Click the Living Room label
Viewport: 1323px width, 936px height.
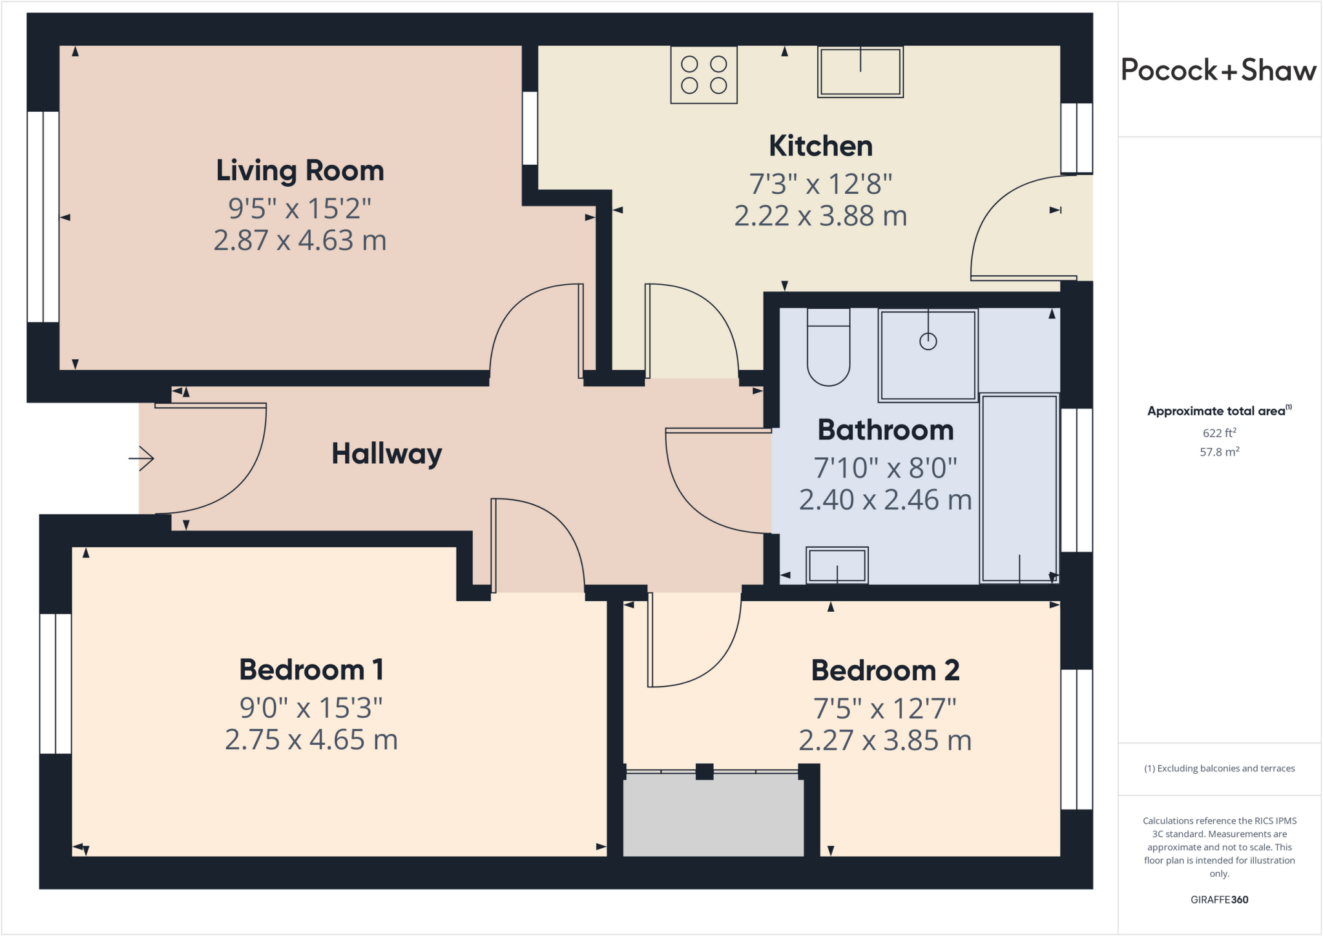pos(300,171)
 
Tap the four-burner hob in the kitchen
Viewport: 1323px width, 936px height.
pos(703,75)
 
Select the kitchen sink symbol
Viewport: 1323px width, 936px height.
pos(860,72)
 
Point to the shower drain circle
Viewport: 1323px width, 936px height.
pos(928,341)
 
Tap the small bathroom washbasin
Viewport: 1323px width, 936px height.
pos(837,565)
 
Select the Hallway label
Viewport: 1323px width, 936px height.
pos(386,453)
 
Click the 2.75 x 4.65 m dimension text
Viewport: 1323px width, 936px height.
pos(311,740)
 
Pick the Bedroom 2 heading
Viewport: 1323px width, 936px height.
pos(884,671)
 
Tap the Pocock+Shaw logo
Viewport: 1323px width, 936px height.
pos(1218,70)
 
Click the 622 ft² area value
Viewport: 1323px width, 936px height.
pos(1219,433)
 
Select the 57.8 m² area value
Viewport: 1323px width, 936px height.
pos(1219,452)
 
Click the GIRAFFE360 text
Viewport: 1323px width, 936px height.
pos(1219,899)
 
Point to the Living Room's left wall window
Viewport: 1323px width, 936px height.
pos(43,216)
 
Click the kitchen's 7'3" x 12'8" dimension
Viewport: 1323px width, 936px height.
pos(820,184)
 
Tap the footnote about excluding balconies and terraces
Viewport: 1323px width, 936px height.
pos(1219,769)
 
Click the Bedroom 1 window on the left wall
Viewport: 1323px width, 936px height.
pos(56,683)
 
